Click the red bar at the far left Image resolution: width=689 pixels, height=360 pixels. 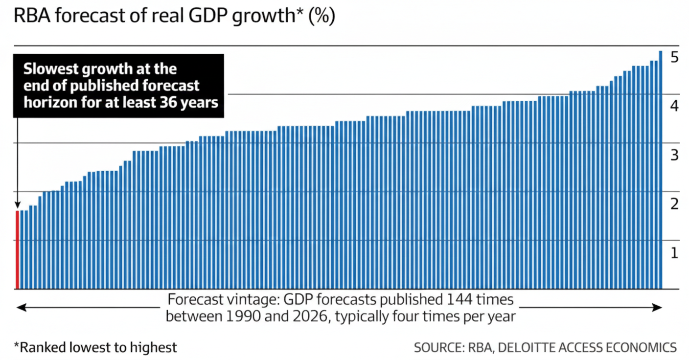click(x=17, y=249)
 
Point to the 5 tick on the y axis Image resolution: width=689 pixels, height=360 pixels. click(x=674, y=57)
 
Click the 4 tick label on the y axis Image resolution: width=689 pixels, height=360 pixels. click(x=674, y=106)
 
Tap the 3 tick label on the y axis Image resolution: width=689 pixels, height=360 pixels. click(x=674, y=156)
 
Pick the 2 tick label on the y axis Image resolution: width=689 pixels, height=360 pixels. click(x=674, y=204)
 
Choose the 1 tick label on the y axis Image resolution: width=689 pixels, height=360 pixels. click(x=674, y=253)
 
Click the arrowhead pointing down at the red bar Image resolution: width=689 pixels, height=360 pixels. click(x=17, y=206)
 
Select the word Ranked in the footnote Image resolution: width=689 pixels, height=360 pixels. click(x=37, y=348)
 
